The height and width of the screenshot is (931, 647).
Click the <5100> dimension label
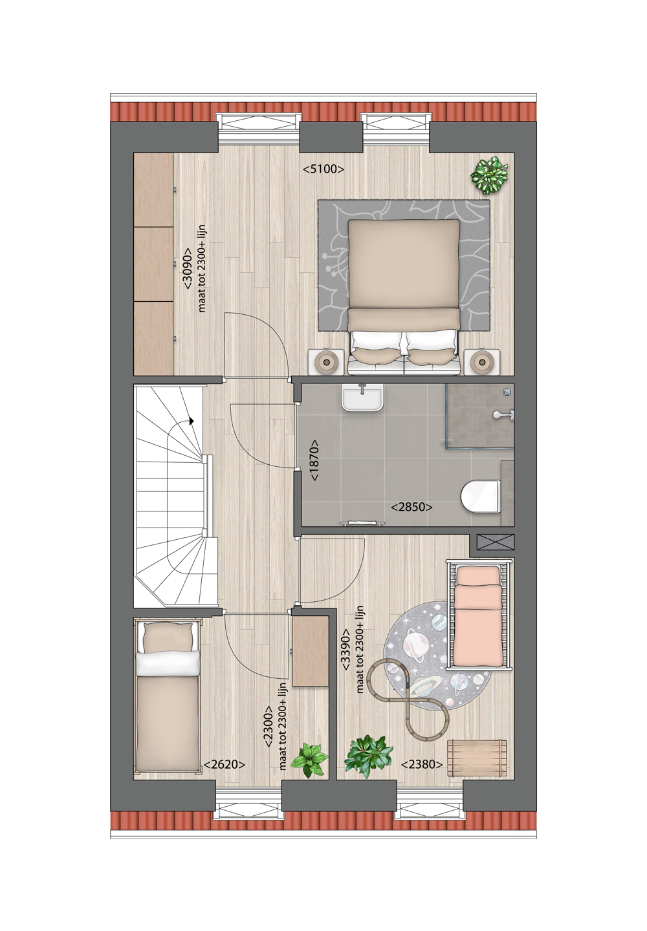323,169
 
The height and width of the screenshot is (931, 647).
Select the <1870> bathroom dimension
314,460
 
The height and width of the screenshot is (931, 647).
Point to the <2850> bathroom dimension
411,507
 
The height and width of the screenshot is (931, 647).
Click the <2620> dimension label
224,764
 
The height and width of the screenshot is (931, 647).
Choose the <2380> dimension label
422,764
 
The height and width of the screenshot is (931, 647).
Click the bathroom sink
362,398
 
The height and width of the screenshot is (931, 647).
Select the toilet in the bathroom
481,497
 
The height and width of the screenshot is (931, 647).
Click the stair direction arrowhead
192,422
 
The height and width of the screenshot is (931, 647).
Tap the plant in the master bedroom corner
489,175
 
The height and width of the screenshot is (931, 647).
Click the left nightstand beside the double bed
325,361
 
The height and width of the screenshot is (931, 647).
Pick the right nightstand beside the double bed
483,361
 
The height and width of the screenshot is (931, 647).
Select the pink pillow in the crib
477,575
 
